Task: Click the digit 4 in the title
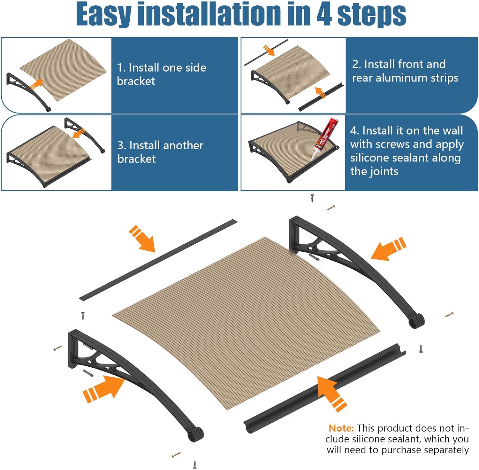tap(324, 14)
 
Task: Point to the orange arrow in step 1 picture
tap(36, 85)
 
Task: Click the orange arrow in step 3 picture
tap(78, 133)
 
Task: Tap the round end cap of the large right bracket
tap(417, 321)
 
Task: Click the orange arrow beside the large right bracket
tap(388, 249)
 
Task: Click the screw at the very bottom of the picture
tap(194, 464)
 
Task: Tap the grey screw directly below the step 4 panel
tap(312, 198)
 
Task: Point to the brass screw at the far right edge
tap(449, 315)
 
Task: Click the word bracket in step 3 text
tap(137, 159)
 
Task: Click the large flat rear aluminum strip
tap(158, 260)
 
